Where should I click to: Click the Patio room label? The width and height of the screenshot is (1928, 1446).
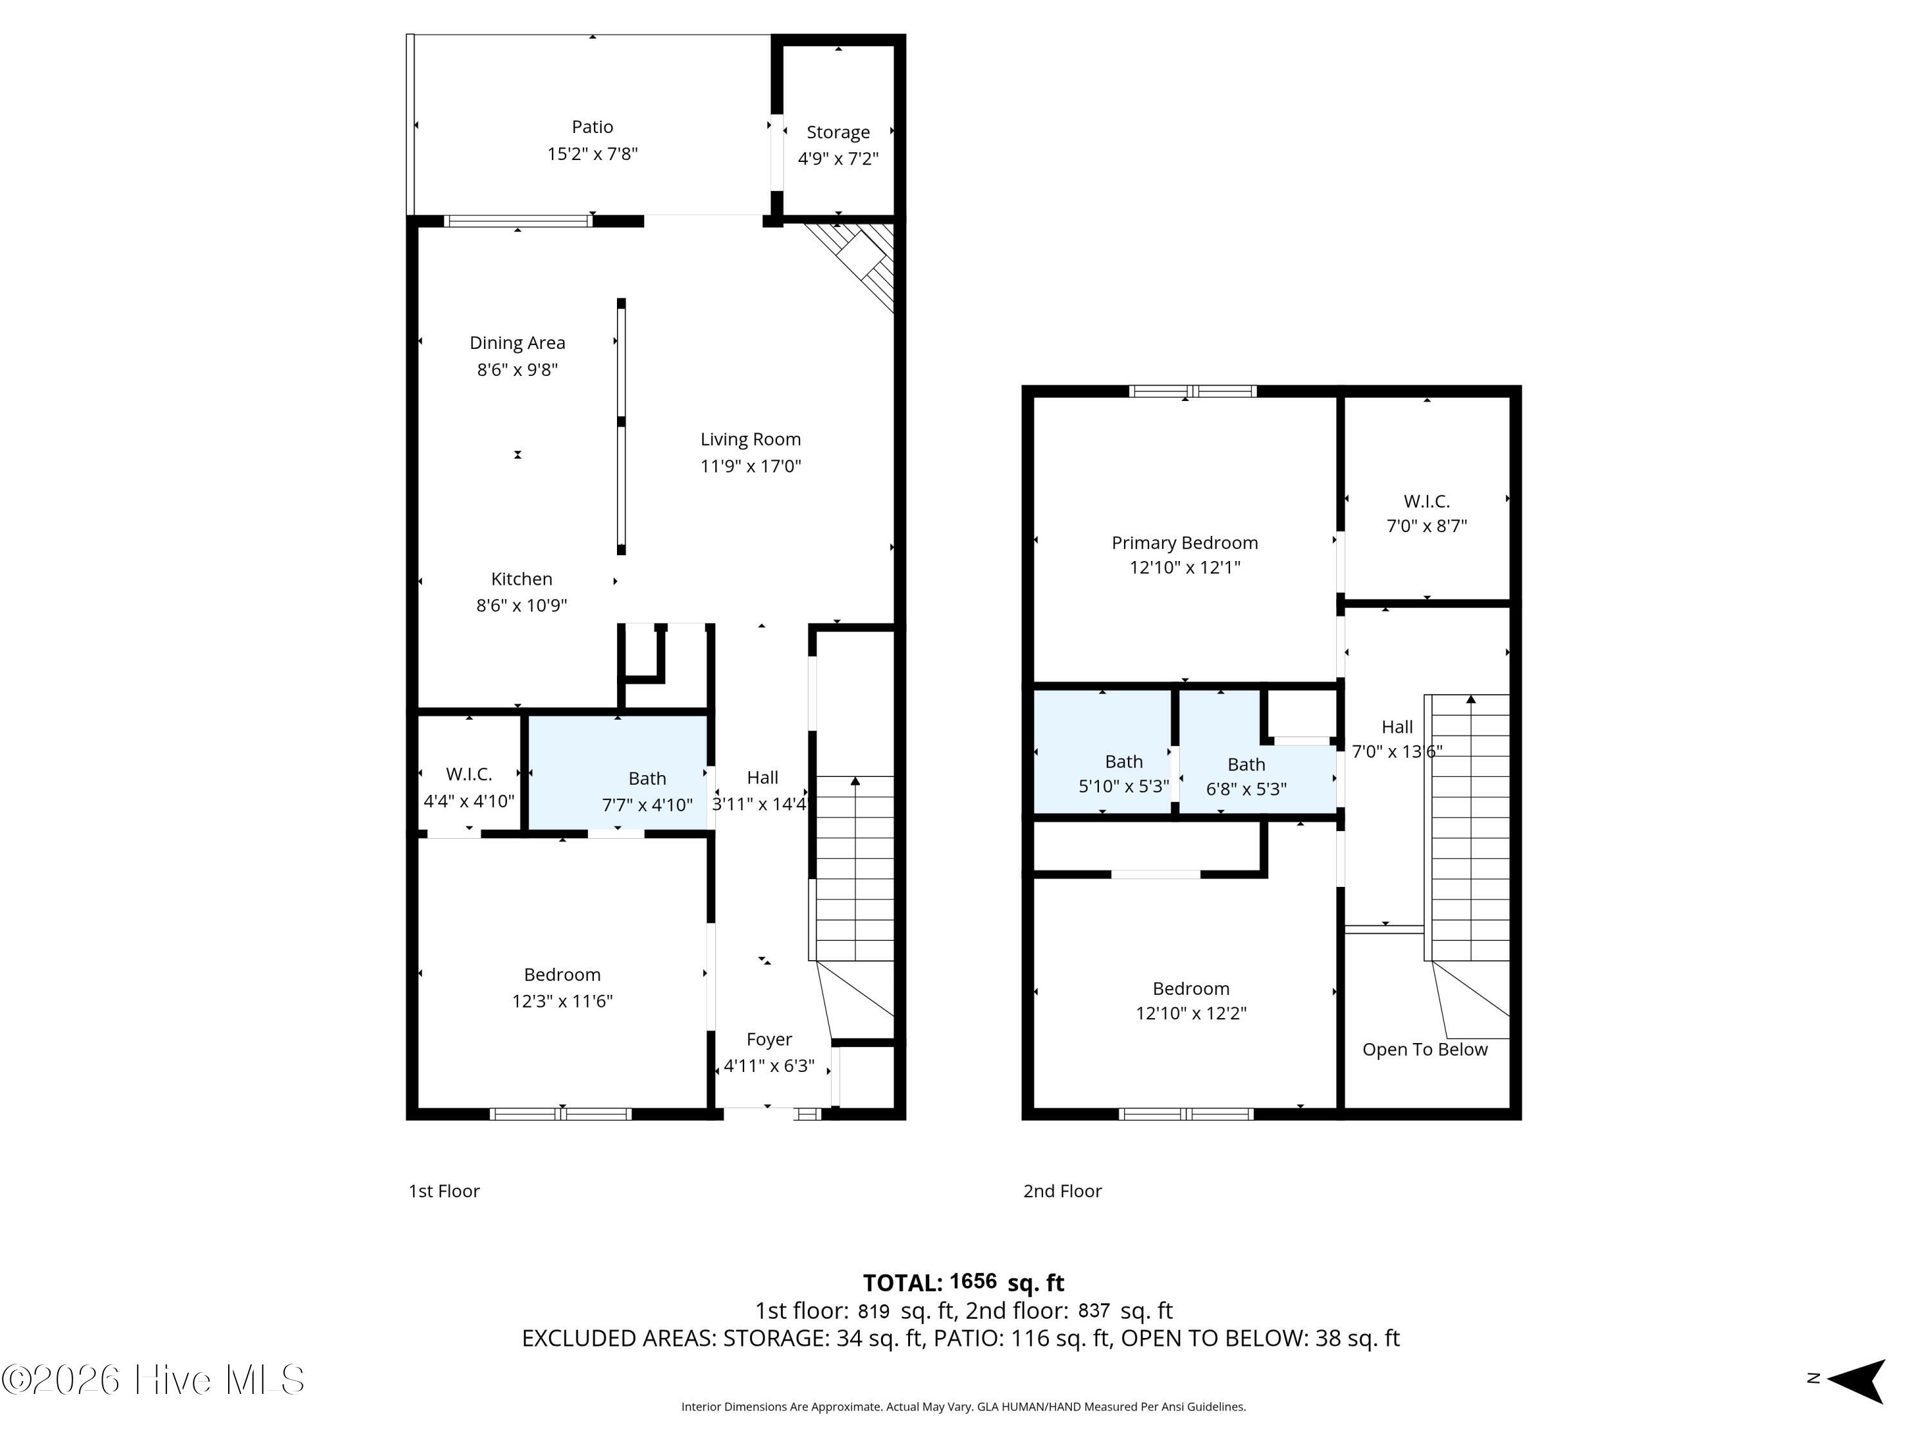point(592,127)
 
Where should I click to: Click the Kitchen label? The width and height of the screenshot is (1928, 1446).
point(521,579)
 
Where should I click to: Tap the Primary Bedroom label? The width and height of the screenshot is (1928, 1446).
point(1184,543)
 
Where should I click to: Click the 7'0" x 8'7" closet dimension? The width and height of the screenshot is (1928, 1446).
point(1427,526)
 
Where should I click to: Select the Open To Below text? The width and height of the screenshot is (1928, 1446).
point(1424,1049)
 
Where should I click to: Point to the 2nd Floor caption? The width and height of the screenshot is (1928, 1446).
point(1062,1191)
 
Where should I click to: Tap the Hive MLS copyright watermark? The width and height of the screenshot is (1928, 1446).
point(154,1380)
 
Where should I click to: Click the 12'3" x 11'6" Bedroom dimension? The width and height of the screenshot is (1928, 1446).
point(562,1001)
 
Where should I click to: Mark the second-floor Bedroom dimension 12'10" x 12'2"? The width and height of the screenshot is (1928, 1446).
point(1191,1013)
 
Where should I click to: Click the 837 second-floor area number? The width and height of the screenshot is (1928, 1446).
point(1094,1310)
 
